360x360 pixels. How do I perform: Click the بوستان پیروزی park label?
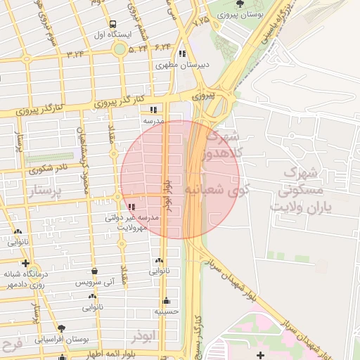(241, 14)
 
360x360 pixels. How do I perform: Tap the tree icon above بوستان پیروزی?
(241, 4)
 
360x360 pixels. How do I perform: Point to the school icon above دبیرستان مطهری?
(182, 53)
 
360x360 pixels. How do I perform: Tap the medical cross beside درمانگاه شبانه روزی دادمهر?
(26, 263)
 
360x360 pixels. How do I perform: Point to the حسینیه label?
(167, 311)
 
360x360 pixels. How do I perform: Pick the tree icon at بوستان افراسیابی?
(61, 328)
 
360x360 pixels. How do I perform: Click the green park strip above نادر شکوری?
(49, 157)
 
